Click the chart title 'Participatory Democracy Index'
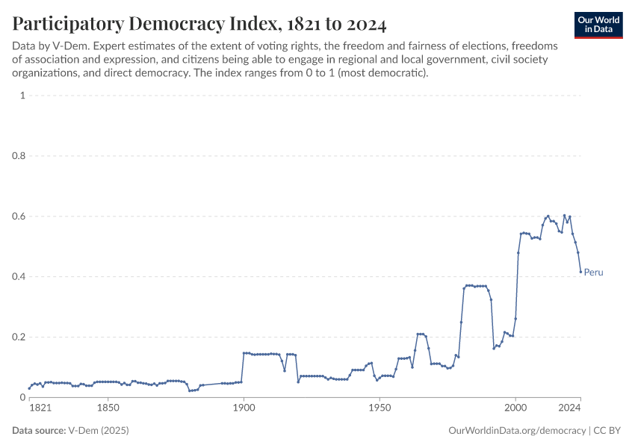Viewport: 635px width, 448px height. pyautogui.click(x=199, y=24)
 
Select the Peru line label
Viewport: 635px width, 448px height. pyautogui.click(x=593, y=273)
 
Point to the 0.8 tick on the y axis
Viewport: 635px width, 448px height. pyautogui.click(x=19, y=156)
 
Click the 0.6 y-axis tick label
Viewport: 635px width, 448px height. pyautogui.click(x=19, y=217)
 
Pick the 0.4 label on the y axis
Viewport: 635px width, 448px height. pyautogui.click(x=19, y=277)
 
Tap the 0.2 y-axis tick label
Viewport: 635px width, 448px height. pyautogui.click(x=19, y=337)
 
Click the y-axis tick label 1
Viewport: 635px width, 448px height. pyautogui.click(x=23, y=96)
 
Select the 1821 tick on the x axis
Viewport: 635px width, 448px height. pyautogui.click(x=40, y=408)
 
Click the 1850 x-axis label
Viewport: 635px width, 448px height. pyautogui.click(x=108, y=408)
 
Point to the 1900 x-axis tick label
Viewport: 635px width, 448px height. pyautogui.click(x=244, y=408)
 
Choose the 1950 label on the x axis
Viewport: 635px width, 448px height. pyautogui.click(x=380, y=408)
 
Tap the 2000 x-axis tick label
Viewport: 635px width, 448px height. pyautogui.click(x=515, y=408)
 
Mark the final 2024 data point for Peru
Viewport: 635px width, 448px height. pyautogui.click(x=580, y=272)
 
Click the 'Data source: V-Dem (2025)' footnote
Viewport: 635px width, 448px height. pyautogui.click(x=64, y=431)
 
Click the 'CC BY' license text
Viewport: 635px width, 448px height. pyautogui.click(x=609, y=431)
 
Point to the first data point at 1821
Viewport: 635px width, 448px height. pyautogui.click(x=29, y=388)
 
